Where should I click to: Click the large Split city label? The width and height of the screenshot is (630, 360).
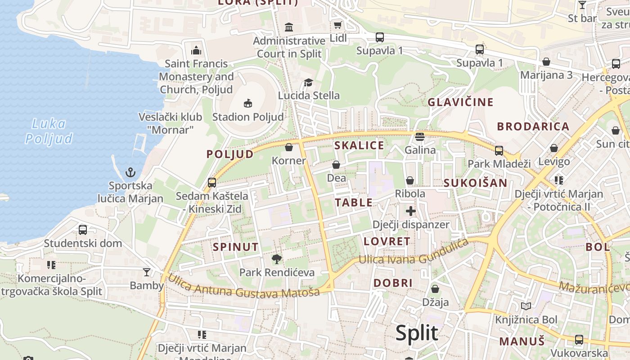417,333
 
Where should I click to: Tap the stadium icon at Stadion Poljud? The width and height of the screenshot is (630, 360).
247,103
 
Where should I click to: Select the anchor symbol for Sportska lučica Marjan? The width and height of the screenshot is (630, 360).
130,172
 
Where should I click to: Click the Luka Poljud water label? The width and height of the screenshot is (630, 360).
49,131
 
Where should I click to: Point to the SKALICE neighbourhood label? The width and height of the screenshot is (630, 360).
359,145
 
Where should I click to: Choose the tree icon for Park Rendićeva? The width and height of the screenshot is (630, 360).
277,259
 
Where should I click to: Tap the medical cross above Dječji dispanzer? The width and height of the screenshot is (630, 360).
410,211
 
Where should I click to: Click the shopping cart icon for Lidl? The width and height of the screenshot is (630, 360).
337,25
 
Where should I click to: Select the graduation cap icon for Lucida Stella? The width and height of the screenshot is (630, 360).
308,82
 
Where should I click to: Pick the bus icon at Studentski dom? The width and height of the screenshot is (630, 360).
83,229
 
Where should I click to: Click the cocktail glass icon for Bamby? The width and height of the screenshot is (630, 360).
147,272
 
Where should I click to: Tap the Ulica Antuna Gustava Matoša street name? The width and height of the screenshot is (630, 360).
243,286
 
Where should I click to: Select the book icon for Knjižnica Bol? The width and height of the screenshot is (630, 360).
526,306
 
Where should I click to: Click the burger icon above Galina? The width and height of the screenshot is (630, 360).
420,136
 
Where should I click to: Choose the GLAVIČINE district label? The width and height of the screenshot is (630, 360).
460,102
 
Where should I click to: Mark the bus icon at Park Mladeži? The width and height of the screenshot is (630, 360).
499,150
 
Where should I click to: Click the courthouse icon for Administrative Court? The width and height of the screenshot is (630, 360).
289,27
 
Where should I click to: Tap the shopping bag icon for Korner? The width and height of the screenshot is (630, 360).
289,147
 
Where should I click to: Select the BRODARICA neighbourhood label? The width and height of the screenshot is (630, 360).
533,126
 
